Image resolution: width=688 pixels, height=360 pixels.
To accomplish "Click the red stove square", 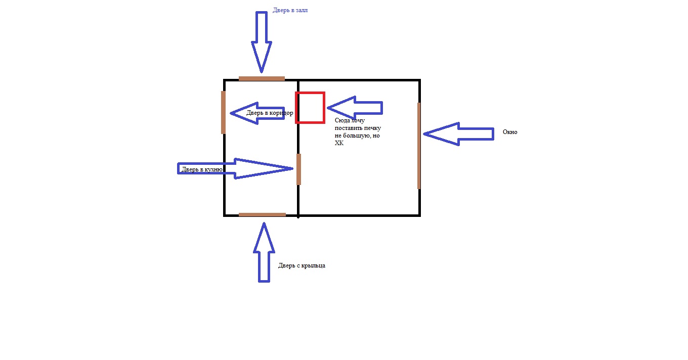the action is [x=310, y=93].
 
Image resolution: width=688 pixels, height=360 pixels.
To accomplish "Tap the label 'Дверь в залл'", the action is [x=290, y=10].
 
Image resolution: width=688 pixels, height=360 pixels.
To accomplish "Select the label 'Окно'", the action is [x=510, y=132].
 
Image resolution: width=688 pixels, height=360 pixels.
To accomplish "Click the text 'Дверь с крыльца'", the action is [x=302, y=265].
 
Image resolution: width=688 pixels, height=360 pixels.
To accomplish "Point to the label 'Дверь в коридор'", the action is [x=270, y=113].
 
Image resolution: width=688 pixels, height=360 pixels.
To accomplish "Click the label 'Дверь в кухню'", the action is [x=202, y=169].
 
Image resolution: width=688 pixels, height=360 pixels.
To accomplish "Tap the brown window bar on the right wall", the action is [x=419, y=146].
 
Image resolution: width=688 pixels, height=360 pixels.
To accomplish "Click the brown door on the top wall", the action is [x=262, y=78].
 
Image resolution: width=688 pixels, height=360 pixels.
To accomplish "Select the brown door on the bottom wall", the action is [x=262, y=214].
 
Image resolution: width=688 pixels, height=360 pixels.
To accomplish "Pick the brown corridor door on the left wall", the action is [x=223, y=112].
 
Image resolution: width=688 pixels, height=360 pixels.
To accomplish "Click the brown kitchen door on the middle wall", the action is [x=298, y=169].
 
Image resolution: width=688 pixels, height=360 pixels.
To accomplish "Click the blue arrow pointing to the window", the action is [x=458, y=134].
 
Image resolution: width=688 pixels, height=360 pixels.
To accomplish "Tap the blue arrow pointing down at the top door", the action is [x=262, y=42].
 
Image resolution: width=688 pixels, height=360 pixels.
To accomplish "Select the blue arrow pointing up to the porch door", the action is [x=264, y=252].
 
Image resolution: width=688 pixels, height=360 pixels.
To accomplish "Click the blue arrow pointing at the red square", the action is [x=355, y=108].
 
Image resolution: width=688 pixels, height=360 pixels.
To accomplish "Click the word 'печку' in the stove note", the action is [x=372, y=128].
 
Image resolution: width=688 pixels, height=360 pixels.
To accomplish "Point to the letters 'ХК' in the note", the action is [x=339, y=143].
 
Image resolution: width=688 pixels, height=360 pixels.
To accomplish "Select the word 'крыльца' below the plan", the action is [x=313, y=266].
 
